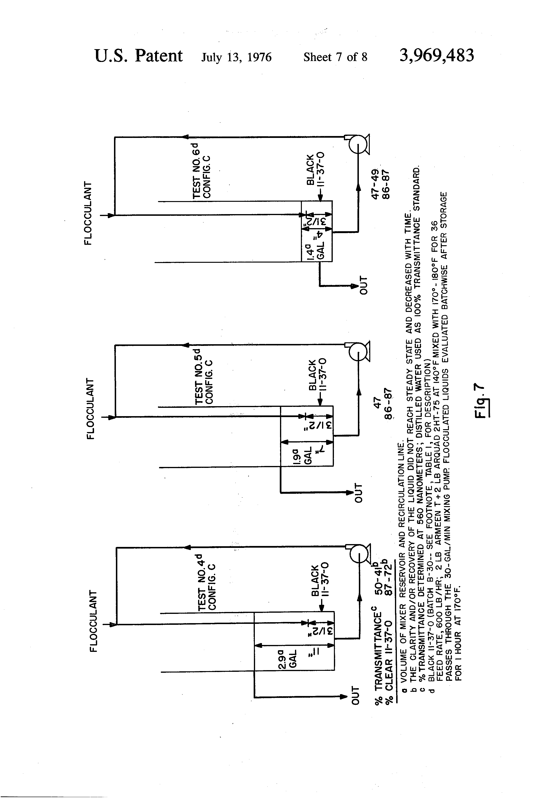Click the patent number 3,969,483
coord(437,56)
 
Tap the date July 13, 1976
coord(236,57)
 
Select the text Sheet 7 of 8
coord(335,57)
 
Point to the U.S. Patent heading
coord(138,56)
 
